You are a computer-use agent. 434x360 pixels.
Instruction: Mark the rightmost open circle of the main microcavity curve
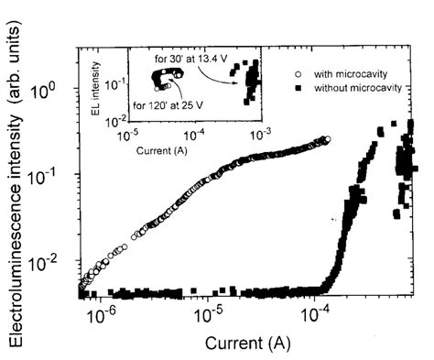point(327,139)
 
